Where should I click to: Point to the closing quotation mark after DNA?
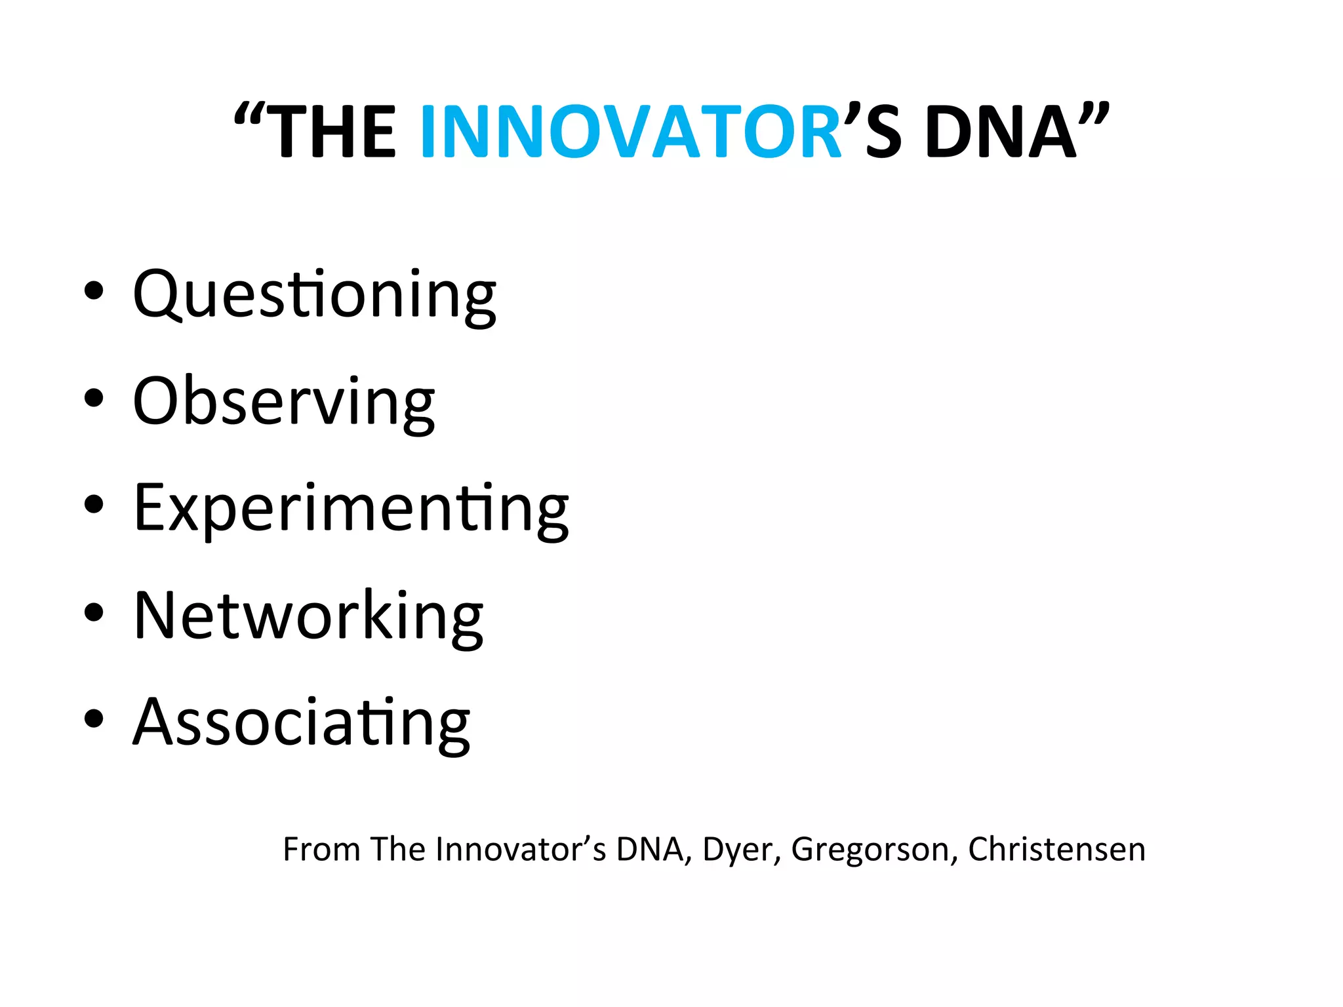click(x=1093, y=115)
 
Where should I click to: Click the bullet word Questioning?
click(x=315, y=295)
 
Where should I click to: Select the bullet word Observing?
click(x=283, y=401)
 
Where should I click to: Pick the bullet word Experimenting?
click(x=351, y=508)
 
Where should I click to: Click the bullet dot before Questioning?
click(x=94, y=290)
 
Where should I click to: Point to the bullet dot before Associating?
click(x=94, y=718)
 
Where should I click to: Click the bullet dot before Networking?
click(x=94, y=611)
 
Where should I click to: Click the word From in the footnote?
click(x=321, y=849)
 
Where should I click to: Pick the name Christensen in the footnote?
click(x=1056, y=849)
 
